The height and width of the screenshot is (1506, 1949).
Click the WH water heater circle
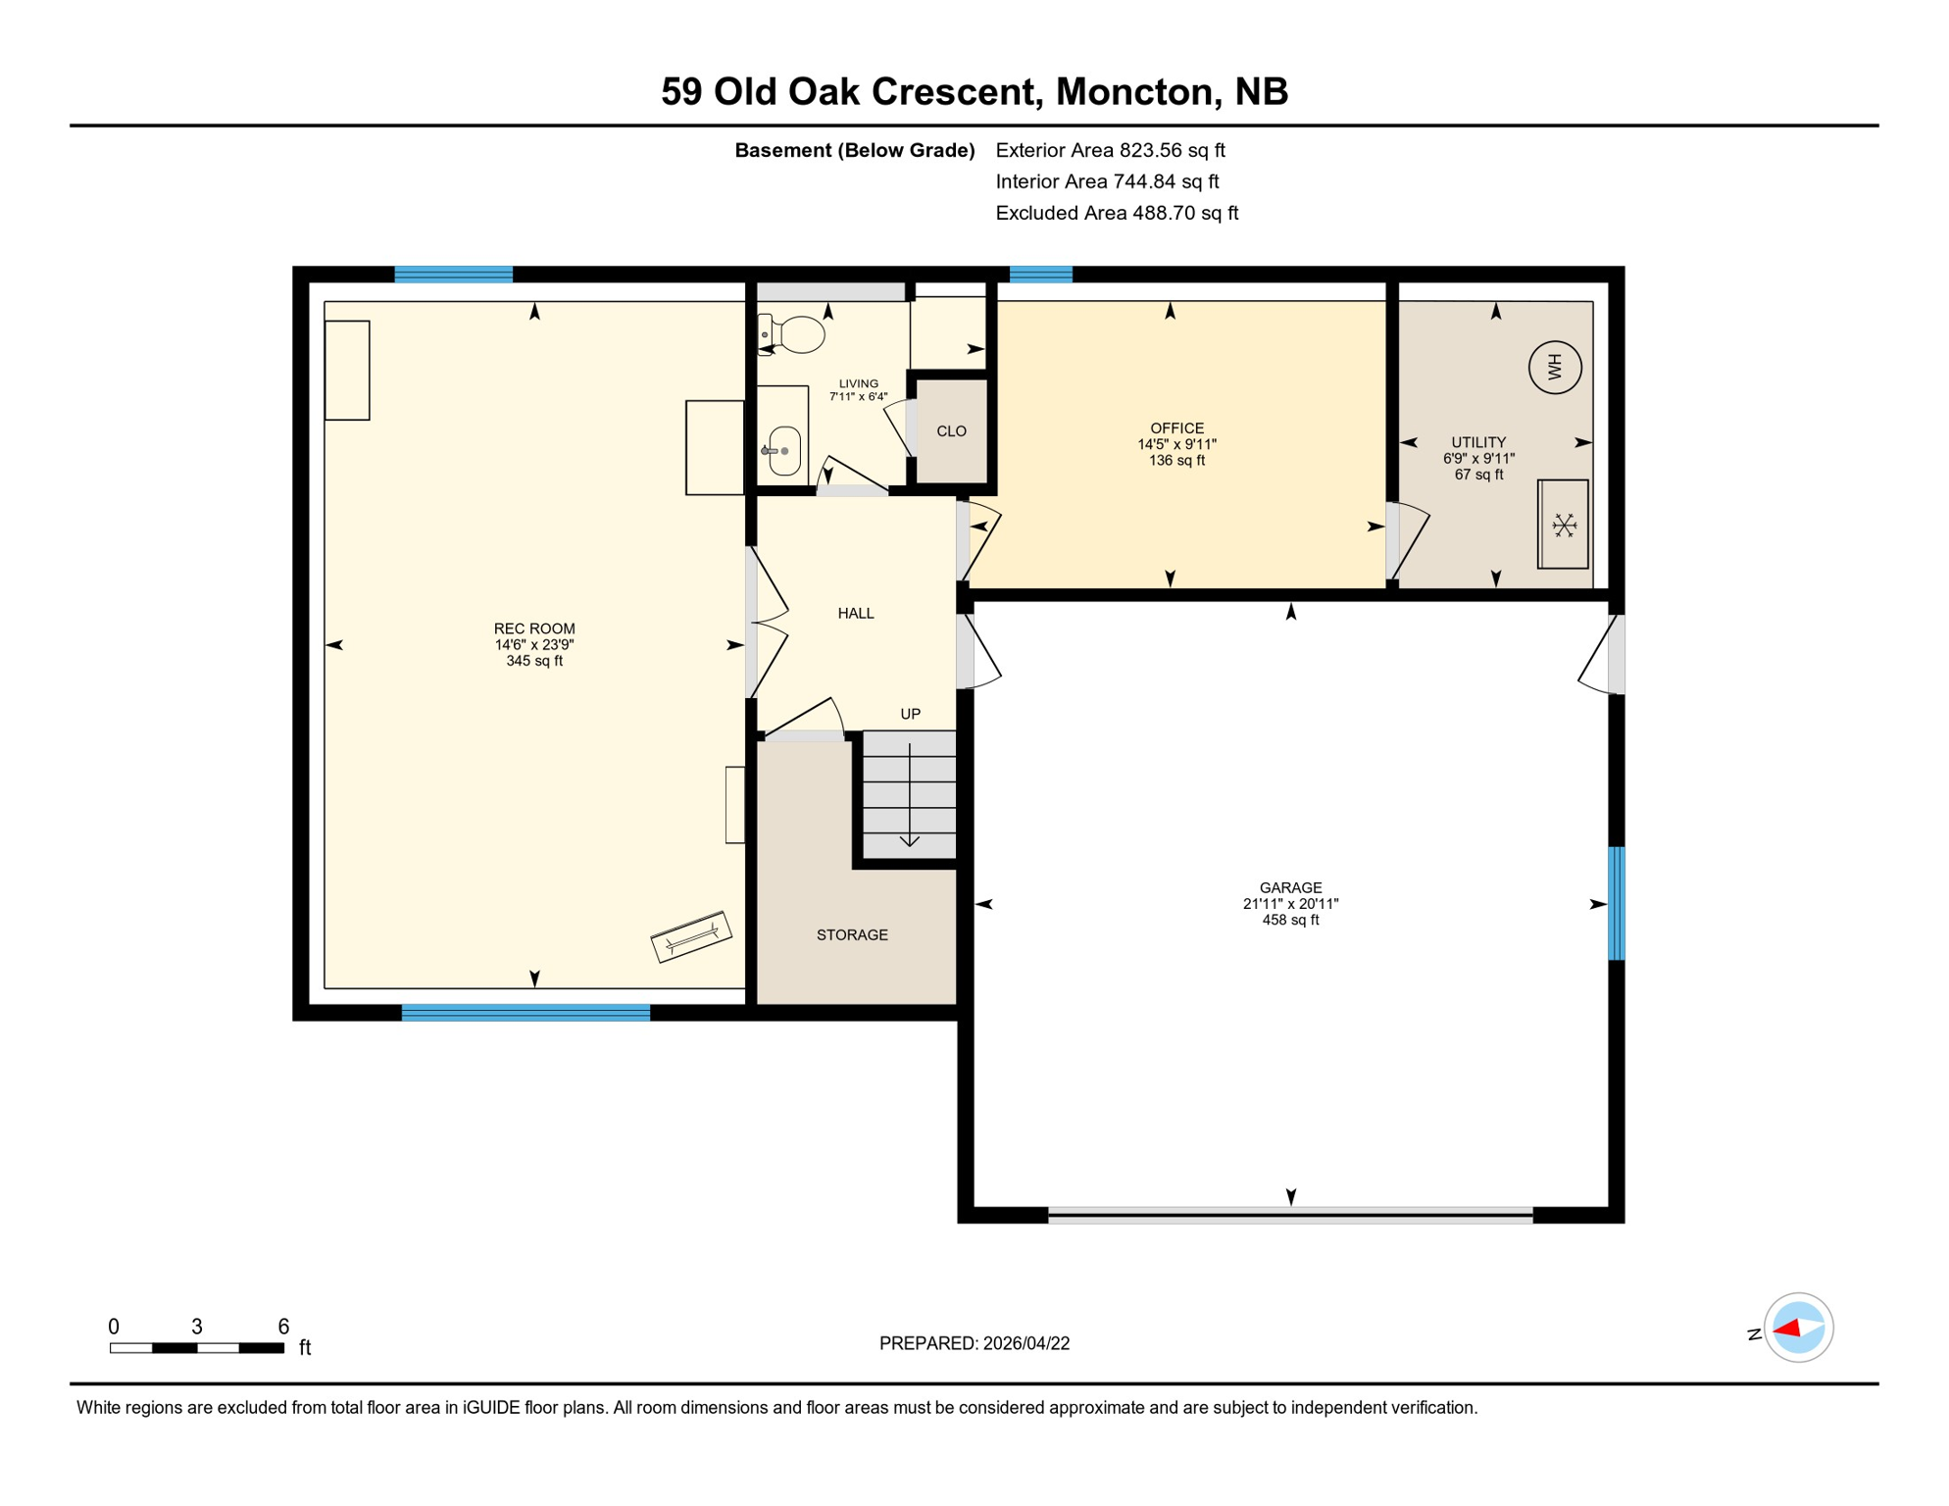click(1555, 368)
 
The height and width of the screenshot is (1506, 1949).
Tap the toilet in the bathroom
click(796, 334)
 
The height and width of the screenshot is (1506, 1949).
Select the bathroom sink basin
click(784, 451)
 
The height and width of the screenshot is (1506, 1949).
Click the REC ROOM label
click(534, 628)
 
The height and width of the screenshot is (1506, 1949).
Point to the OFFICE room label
click(1176, 427)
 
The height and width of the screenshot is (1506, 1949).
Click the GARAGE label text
click(1290, 887)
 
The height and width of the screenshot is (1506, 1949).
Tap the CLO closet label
click(951, 431)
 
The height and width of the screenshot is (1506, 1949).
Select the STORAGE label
click(852, 934)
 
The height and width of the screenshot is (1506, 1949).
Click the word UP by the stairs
click(910, 714)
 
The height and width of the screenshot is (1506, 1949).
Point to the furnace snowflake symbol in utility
click(1564, 526)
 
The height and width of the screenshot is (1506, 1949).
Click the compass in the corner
click(1798, 1328)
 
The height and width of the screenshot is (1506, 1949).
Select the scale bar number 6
click(283, 1327)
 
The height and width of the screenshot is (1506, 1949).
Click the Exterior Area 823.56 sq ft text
click(1110, 150)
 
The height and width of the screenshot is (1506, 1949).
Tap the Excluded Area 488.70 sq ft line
click(1117, 213)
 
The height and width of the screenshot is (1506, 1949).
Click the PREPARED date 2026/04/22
click(974, 1343)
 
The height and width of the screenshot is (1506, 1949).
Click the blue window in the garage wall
click(1616, 903)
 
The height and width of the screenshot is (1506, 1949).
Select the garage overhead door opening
click(1290, 1216)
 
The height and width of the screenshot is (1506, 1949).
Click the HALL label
click(855, 613)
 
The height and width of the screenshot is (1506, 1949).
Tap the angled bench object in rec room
click(691, 936)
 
